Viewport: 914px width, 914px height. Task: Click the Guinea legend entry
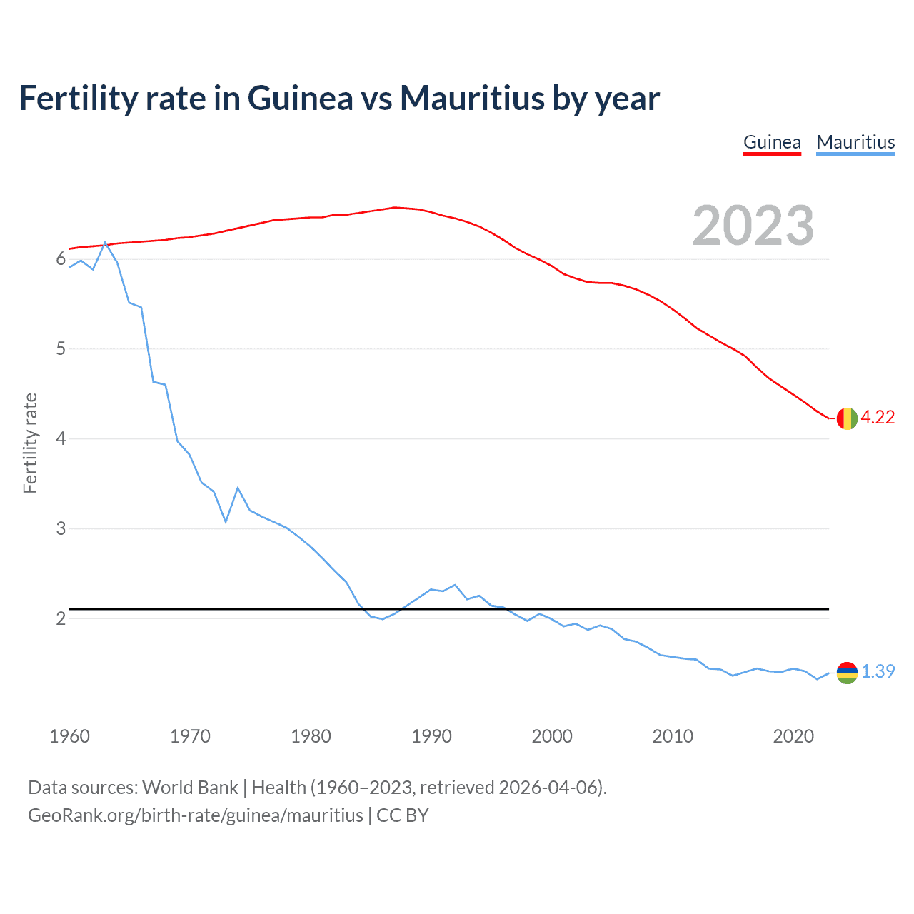(x=772, y=142)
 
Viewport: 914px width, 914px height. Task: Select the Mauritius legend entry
(x=855, y=142)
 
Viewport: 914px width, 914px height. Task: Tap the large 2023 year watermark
(x=753, y=226)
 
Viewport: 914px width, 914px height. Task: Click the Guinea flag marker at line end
(x=847, y=418)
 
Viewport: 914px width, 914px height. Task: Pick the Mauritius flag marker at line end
(x=847, y=673)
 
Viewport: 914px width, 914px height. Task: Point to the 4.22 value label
(x=878, y=418)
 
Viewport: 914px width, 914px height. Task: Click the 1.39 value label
(x=878, y=672)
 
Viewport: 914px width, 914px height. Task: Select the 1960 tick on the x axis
(x=69, y=736)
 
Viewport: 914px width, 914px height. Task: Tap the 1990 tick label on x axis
(x=431, y=736)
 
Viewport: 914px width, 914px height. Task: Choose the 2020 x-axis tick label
(x=793, y=736)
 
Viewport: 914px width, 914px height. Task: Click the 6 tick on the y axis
(x=61, y=259)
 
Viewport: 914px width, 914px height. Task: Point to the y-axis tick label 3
(x=61, y=528)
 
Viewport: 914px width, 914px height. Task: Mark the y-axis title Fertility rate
(x=30, y=443)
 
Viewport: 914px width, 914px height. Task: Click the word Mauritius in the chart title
(x=472, y=98)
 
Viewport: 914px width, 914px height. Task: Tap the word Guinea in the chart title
(x=300, y=98)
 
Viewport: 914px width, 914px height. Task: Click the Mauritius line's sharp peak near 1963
(x=105, y=243)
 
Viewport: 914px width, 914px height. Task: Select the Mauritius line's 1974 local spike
(x=238, y=488)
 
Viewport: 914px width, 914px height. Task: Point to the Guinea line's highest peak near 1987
(x=395, y=208)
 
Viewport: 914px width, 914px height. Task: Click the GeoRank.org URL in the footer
(x=195, y=815)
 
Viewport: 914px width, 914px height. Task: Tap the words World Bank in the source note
(x=190, y=788)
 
